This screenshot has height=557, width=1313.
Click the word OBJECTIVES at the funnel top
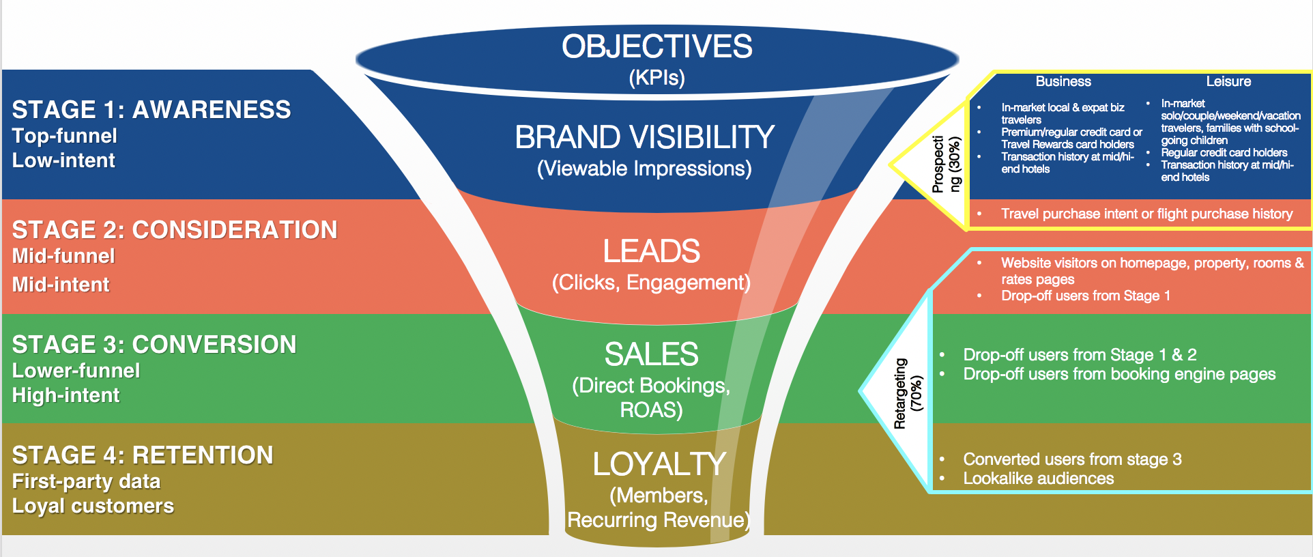click(656, 47)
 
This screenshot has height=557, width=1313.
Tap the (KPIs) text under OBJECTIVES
click(656, 78)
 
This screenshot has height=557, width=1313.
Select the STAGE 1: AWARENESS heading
click(151, 110)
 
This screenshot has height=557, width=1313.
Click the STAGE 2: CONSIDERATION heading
click(175, 230)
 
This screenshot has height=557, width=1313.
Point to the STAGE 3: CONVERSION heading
click(154, 345)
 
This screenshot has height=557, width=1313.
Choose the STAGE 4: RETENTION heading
click(143, 455)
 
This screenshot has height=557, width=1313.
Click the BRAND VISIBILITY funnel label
click(644, 137)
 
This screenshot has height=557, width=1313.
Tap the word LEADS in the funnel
click(651, 251)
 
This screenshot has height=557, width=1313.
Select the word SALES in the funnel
click(651, 354)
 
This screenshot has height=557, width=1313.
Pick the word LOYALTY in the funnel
click(659, 465)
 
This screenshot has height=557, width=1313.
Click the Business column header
click(1063, 82)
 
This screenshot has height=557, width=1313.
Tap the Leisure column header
click(1228, 82)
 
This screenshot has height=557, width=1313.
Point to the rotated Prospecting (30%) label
click(947, 165)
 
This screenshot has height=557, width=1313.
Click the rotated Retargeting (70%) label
click(908, 393)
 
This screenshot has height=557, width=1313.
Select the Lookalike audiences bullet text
click(1038, 479)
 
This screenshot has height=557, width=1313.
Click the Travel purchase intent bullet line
click(1146, 214)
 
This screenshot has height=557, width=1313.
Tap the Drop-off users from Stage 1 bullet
click(1085, 296)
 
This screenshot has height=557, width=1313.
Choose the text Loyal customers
click(93, 506)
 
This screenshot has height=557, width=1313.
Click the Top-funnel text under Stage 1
click(65, 136)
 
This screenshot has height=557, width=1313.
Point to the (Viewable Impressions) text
click(644, 169)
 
